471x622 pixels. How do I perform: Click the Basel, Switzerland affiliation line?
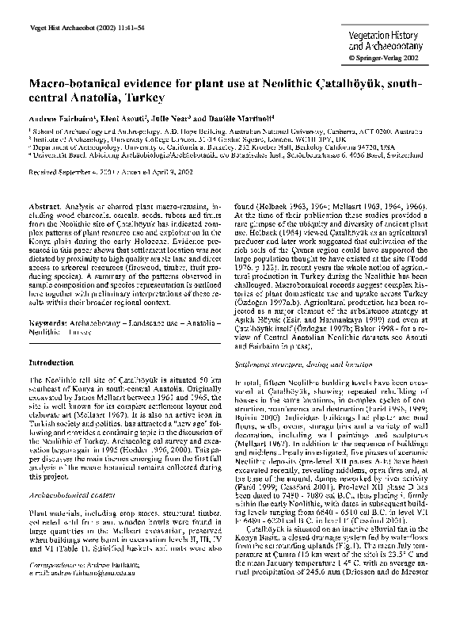tap(206, 152)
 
